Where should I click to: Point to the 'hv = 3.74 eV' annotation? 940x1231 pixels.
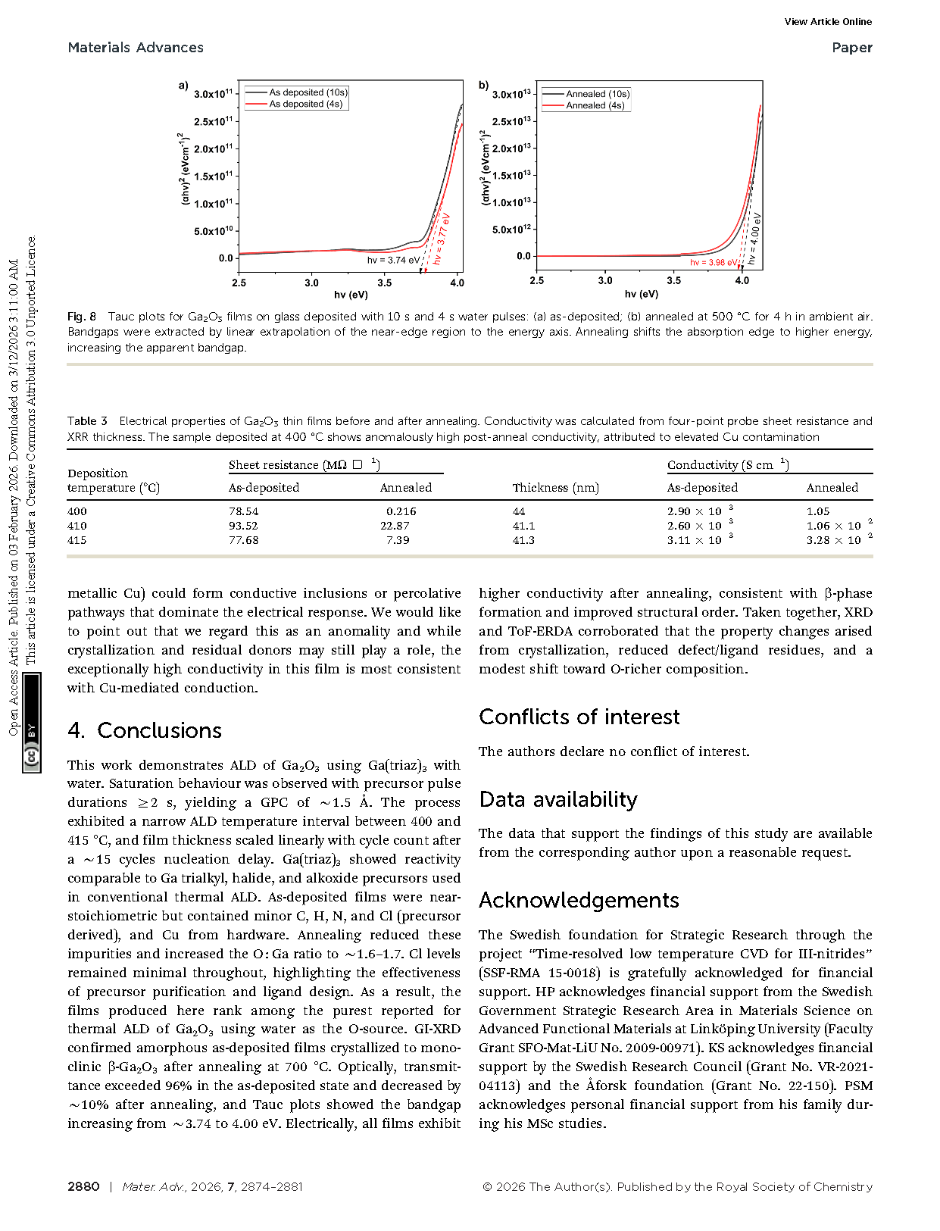click(393, 261)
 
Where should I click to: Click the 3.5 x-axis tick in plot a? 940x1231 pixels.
click(385, 283)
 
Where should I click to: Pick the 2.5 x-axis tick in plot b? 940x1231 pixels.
click(537, 281)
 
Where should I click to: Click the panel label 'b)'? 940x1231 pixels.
click(484, 86)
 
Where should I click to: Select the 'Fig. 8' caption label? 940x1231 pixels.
click(82, 317)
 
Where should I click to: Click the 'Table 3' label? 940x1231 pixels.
click(87, 421)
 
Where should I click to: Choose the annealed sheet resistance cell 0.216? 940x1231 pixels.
click(401, 511)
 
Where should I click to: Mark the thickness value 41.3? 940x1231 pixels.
click(523, 540)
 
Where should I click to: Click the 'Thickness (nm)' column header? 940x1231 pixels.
click(555, 488)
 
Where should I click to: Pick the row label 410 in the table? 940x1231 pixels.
click(77, 526)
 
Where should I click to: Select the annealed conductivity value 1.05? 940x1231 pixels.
click(818, 511)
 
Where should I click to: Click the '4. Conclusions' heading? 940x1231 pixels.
click(145, 730)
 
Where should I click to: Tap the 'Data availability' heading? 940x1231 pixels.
click(558, 799)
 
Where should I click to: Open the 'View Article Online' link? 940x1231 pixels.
click(828, 22)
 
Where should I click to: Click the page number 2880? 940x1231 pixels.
click(83, 1187)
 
